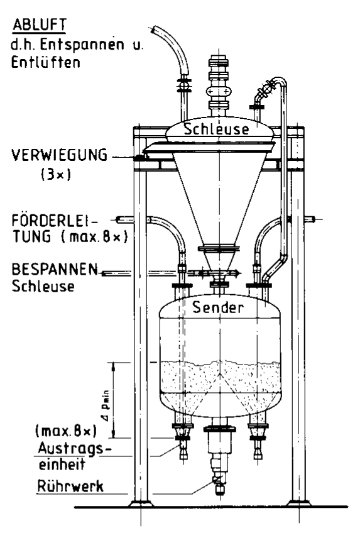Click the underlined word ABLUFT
click(x=40, y=25)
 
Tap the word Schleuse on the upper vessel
click(x=216, y=129)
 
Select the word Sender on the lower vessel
click(x=218, y=307)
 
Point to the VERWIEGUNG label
click(x=60, y=155)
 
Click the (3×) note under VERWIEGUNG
click(x=56, y=175)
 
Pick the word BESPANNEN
click(x=55, y=269)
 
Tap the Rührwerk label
click(x=70, y=486)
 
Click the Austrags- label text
click(x=75, y=448)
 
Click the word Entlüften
click(x=46, y=62)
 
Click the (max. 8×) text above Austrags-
click(x=66, y=431)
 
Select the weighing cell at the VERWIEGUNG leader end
click(x=139, y=158)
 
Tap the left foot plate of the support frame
click(x=141, y=503)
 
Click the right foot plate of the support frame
click(x=298, y=503)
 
